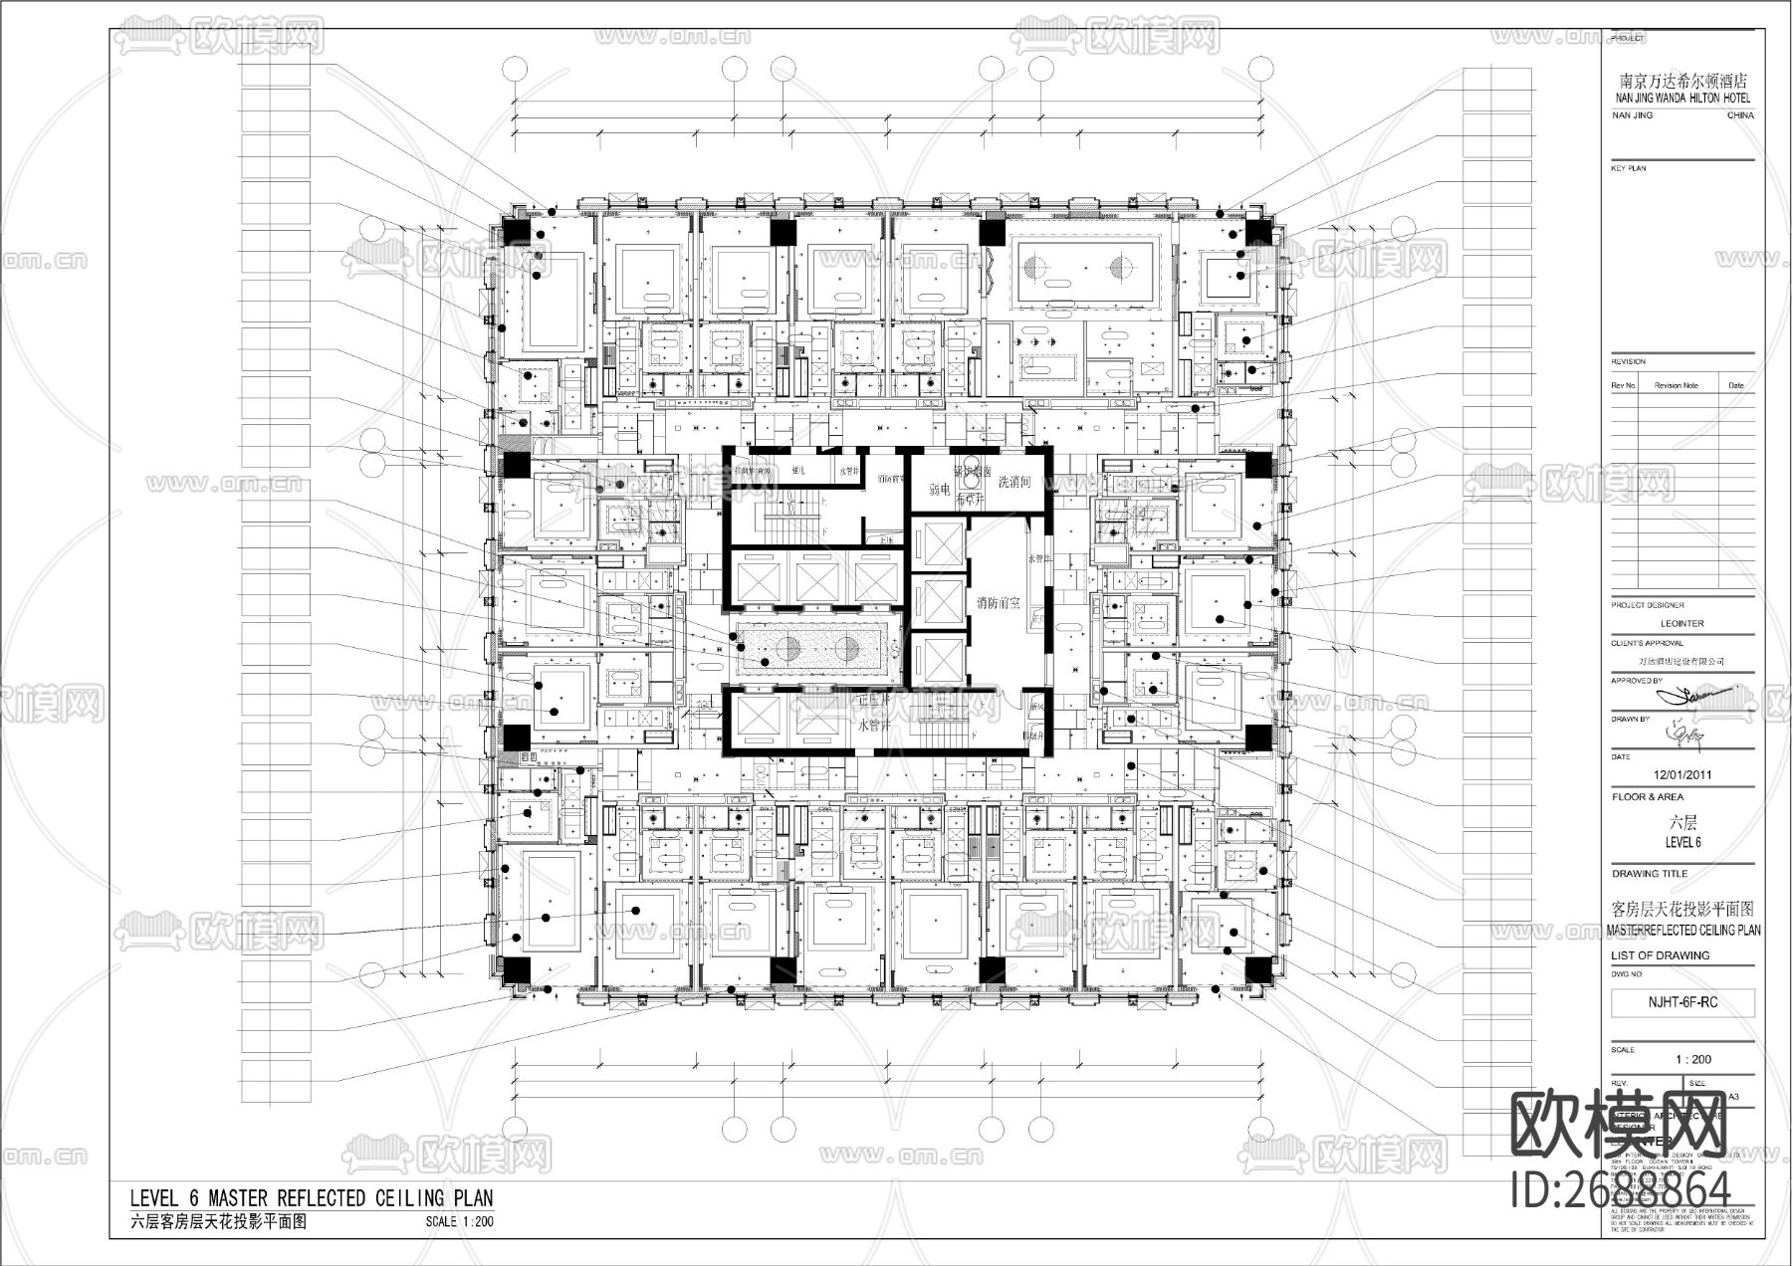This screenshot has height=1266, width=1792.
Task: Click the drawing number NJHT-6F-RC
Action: click(x=1681, y=1001)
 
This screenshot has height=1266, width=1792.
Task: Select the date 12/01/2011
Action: click(x=1681, y=774)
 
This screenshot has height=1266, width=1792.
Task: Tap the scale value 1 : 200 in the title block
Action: click(x=1693, y=1059)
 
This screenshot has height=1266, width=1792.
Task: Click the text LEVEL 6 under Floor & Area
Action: click(x=1682, y=842)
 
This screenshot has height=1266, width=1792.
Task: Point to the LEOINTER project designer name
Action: click(x=1682, y=623)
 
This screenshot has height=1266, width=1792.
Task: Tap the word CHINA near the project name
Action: click(x=1740, y=115)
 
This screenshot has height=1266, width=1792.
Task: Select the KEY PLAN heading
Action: click(x=1629, y=168)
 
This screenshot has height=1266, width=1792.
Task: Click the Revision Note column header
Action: click(x=1677, y=385)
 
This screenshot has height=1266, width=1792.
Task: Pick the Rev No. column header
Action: click(x=1624, y=385)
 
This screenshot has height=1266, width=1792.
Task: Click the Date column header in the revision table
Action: click(x=1736, y=385)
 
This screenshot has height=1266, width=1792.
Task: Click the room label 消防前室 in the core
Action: click(x=998, y=603)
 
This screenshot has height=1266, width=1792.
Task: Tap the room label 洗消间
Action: click(x=1014, y=482)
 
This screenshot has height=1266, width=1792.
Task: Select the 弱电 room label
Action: click(x=938, y=490)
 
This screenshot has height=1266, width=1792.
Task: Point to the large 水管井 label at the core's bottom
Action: click(x=876, y=726)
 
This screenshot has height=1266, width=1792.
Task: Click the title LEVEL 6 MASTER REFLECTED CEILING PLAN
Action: click(x=312, y=1197)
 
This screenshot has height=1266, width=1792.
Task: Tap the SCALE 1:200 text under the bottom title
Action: click(x=459, y=1222)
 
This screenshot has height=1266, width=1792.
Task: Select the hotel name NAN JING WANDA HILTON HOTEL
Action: click(x=1682, y=99)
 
